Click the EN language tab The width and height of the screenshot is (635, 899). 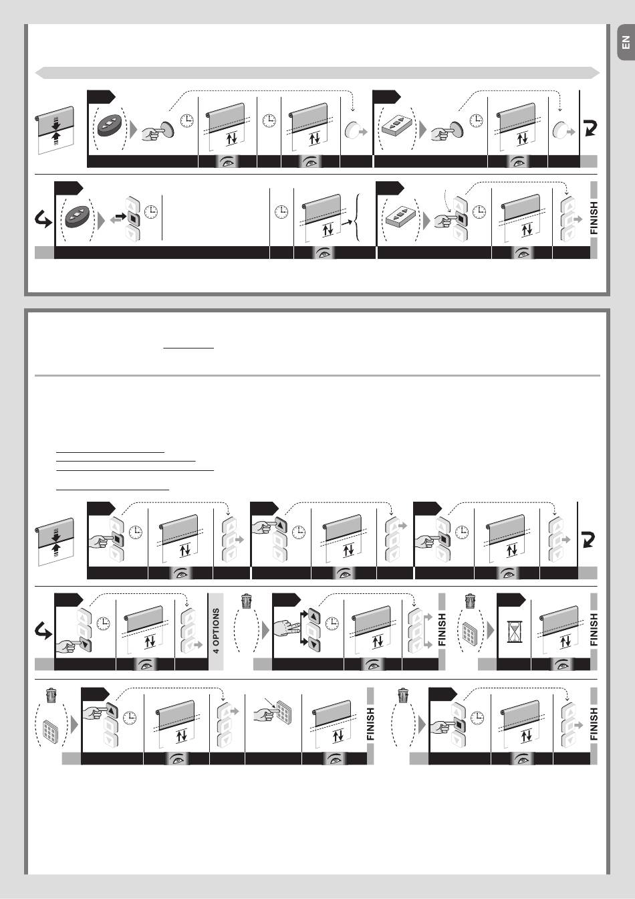pyautogui.click(x=626, y=42)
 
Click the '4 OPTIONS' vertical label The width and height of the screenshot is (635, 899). pyautogui.click(x=216, y=631)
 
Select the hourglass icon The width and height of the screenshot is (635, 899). pyautogui.click(x=514, y=633)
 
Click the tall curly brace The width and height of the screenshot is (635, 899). pyautogui.click(x=358, y=218)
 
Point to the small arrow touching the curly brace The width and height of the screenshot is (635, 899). pyautogui.click(x=347, y=221)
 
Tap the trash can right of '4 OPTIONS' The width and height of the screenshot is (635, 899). pyautogui.click(x=247, y=601)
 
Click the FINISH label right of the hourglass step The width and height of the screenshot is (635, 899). pyautogui.click(x=594, y=629)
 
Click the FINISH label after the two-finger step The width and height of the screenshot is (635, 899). pyautogui.click(x=442, y=629)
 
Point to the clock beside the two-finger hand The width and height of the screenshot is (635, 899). pyautogui.click(x=332, y=623)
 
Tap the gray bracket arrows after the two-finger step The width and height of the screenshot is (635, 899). pyautogui.click(x=427, y=631)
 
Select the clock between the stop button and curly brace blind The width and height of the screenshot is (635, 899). pyautogui.click(x=281, y=211)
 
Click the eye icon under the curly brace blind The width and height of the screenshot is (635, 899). pyautogui.click(x=325, y=254)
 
